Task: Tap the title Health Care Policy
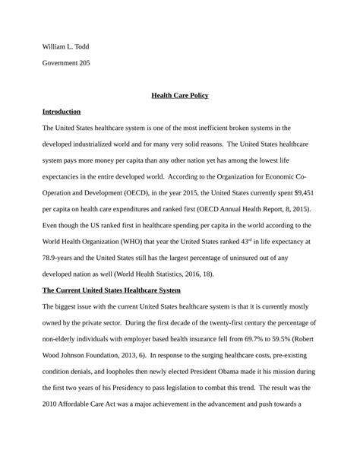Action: [180, 96]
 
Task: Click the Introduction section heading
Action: [62, 112]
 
